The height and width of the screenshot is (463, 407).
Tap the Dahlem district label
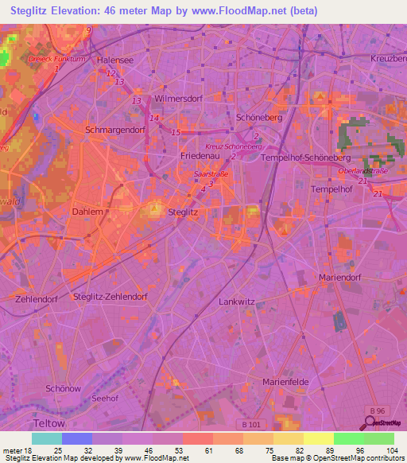pyautogui.click(x=87, y=212)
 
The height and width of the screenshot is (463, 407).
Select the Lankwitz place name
pyautogui.click(x=236, y=302)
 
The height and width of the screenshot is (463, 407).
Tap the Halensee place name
pyautogui.click(x=114, y=60)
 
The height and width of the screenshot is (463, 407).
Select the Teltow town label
pyautogui.click(x=49, y=422)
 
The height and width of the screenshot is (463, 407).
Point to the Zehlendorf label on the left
pyautogui.click(x=37, y=298)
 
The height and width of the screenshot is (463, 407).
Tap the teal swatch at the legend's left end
pyautogui.click(x=47, y=438)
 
